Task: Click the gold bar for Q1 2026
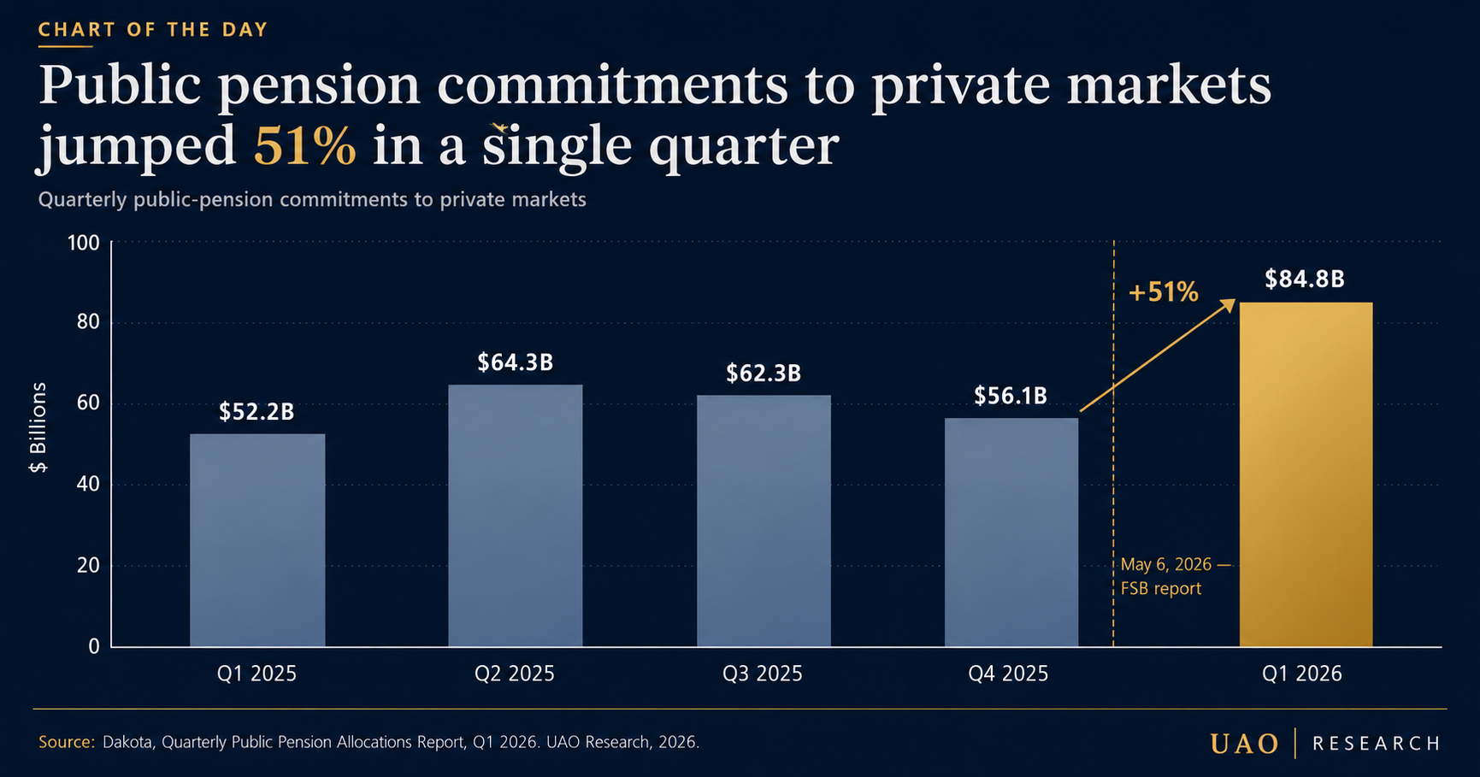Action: click(x=1306, y=474)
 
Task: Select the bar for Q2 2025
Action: click(x=516, y=515)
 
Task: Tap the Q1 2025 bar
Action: click(x=257, y=540)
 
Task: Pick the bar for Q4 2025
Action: click(x=1011, y=533)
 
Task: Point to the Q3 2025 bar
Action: click(x=764, y=521)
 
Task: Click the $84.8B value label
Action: click(x=1305, y=280)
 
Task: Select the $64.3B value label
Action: click(x=516, y=362)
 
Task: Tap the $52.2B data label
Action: click(x=256, y=412)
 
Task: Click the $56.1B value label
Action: click(x=1011, y=396)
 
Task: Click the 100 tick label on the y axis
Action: click(x=84, y=243)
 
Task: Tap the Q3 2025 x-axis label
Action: click(x=763, y=674)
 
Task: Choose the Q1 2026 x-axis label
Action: click(x=1302, y=674)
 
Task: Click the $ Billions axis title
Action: click(x=38, y=427)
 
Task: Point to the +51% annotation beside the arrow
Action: click(x=1164, y=293)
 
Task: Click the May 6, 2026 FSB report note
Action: click(x=1176, y=576)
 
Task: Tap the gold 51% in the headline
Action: click(x=305, y=146)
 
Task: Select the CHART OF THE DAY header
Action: click(x=154, y=30)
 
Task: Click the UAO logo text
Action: click(x=1245, y=744)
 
